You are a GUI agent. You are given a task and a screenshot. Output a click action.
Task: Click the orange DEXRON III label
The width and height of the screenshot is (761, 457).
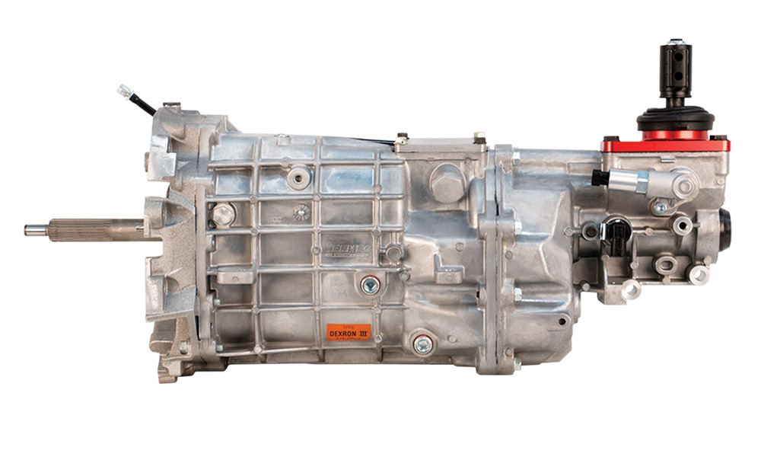pyautogui.click(x=349, y=333)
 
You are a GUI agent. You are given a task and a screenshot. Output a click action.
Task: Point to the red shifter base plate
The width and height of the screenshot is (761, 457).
pyautogui.click(x=664, y=144)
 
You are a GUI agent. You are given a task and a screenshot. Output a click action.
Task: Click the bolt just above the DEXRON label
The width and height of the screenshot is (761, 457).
pyautogui.click(x=371, y=285)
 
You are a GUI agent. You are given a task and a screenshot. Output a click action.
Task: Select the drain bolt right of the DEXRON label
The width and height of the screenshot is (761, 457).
pyautogui.click(x=422, y=344)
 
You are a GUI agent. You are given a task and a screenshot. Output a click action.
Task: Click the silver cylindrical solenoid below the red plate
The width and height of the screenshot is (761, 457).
pyautogui.click(x=630, y=181)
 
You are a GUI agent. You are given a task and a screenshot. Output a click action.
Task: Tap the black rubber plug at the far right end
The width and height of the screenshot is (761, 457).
pyautogui.click(x=724, y=229)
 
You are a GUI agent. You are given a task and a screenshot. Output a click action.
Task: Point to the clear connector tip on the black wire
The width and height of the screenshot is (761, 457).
pyautogui.click(x=123, y=90)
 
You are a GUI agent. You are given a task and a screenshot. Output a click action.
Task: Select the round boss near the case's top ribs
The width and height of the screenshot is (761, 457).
pyautogui.click(x=298, y=177)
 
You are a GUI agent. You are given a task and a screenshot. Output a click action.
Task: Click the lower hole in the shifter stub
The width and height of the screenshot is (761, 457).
pyautogui.click(x=676, y=76)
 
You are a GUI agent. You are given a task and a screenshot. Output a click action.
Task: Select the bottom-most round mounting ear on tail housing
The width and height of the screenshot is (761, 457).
pyautogui.click(x=631, y=289)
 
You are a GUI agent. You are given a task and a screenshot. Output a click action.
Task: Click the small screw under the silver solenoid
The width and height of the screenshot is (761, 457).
pyautogui.click(x=659, y=206)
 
